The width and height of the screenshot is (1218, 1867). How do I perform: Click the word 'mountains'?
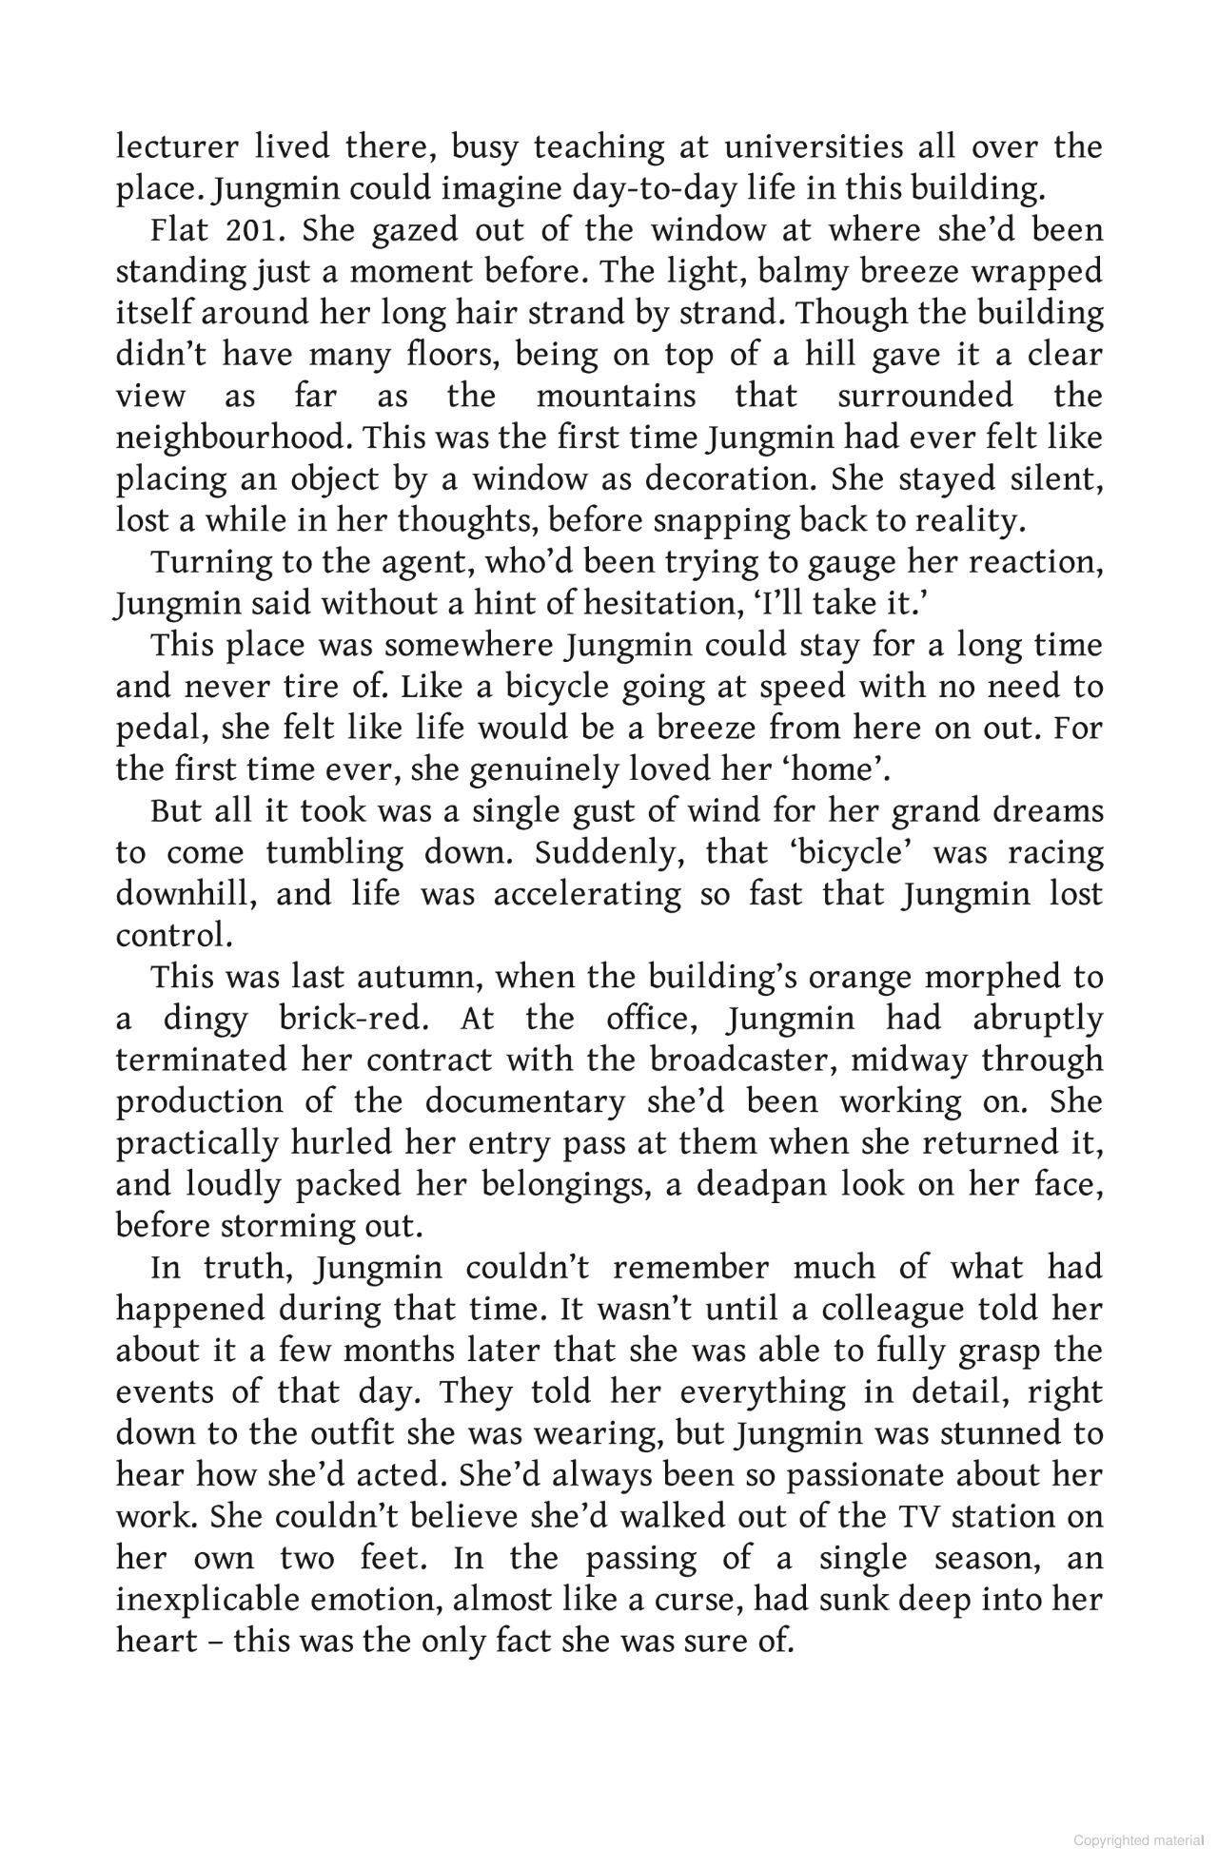[x=616, y=397]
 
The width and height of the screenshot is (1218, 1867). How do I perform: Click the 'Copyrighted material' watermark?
[x=1138, y=1840]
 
